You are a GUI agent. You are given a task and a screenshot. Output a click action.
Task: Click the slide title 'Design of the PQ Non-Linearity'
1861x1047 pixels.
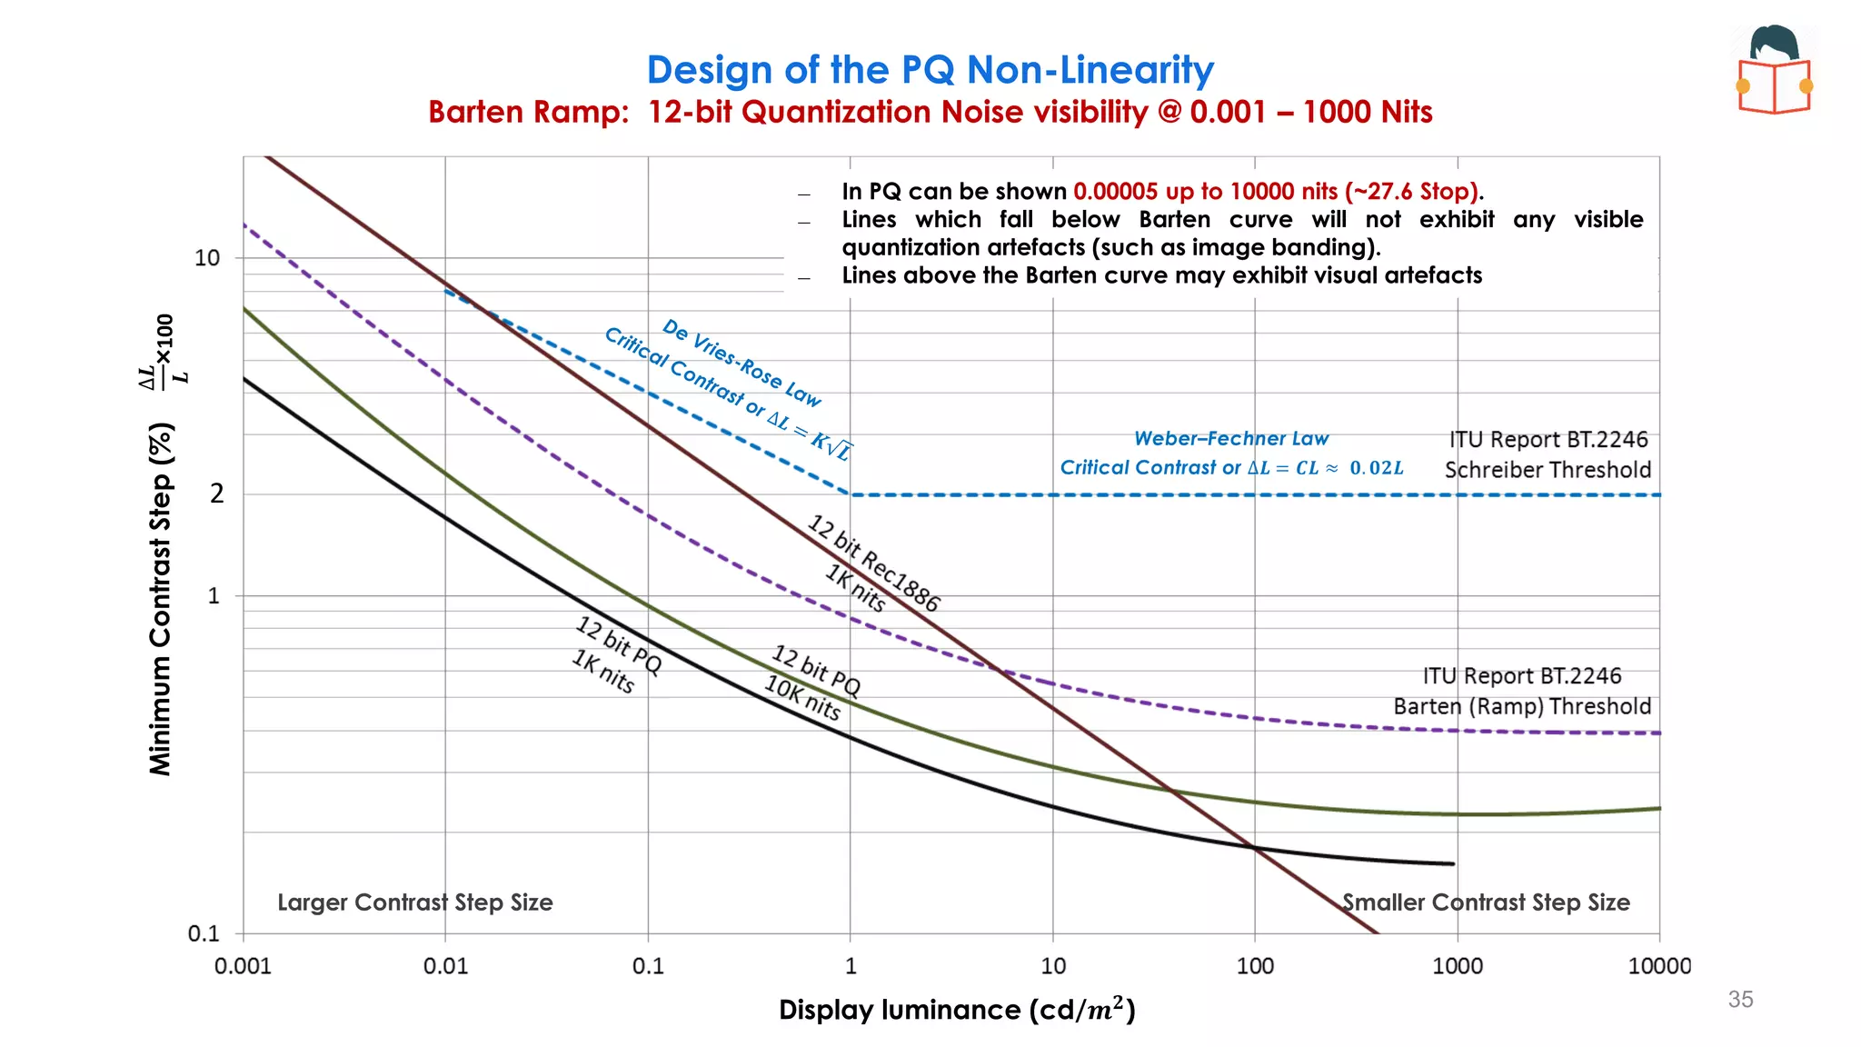coord(930,70)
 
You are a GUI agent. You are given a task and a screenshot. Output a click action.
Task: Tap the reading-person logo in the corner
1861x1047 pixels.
coord(1775,71)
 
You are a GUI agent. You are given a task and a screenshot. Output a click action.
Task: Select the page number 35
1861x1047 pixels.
coord(1740,999)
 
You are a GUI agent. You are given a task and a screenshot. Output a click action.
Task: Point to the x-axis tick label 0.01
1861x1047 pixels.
coord(445,966)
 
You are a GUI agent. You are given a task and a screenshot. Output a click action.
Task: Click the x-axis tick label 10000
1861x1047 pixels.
coord(1658,966)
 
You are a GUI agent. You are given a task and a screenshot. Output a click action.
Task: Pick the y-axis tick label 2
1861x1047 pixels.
coord(216,494)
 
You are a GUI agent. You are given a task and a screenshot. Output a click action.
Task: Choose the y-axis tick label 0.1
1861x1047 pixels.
coord(204,933)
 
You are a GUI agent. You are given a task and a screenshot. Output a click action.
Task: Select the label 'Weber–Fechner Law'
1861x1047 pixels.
coord(1231,438)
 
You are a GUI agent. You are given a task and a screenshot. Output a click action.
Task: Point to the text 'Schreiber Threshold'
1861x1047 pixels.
coord(1548,470)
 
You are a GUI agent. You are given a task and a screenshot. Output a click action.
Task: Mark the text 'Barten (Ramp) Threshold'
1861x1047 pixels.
coord(1522,706)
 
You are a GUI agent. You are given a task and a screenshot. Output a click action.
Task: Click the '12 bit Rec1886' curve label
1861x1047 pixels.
coord(873,563)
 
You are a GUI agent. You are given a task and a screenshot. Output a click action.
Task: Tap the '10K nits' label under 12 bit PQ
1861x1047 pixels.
coord(801,698)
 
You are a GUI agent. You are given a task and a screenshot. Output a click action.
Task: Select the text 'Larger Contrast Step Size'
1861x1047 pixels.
coord(414,902)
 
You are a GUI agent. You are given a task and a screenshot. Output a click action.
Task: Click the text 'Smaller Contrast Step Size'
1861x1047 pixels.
coord(1486,902)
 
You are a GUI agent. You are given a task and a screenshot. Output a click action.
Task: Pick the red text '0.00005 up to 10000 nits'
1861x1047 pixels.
coord(1205,192)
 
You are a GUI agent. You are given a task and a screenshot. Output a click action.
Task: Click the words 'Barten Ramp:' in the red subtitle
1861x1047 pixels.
coord(528,112)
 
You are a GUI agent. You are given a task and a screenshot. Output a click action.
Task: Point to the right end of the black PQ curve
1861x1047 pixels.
coord(1452,863)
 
